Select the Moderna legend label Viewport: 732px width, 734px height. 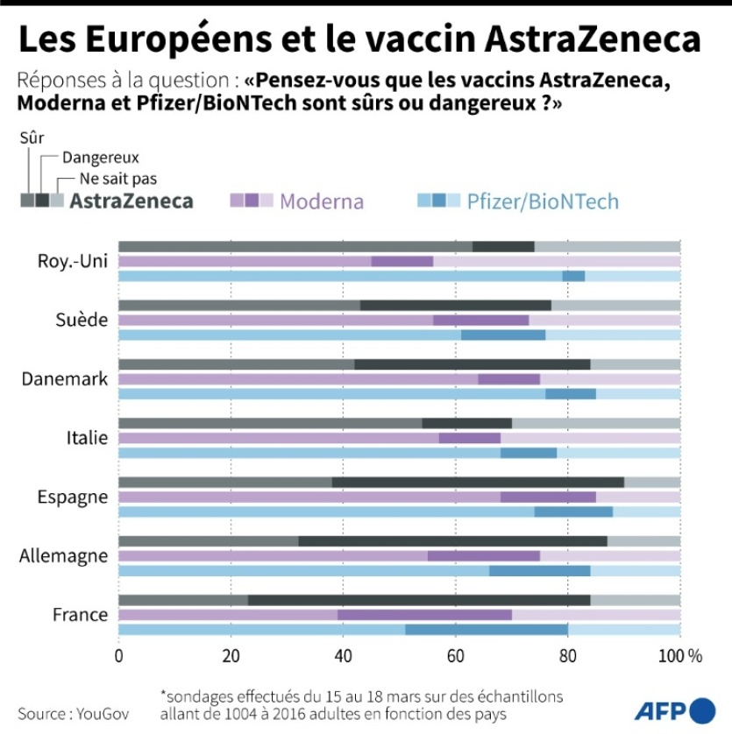[x=322, y=201]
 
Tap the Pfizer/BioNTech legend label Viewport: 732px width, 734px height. [x=543, y=202]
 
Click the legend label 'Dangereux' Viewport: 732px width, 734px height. [x=101, y=159]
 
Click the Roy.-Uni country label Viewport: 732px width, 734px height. [x=73, y=261]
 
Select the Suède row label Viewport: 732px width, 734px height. [x=85, y=320]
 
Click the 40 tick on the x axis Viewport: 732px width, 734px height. [x=343, y=655]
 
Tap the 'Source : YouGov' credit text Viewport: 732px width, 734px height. [x=73, y=714]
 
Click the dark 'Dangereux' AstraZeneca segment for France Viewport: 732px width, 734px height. [x=419, y=600]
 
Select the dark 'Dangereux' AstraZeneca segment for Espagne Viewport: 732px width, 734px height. [x=478, y=482]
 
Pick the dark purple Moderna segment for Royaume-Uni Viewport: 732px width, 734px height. [x=402, y=261]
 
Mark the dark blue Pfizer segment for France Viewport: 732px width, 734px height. [x=487, y=629]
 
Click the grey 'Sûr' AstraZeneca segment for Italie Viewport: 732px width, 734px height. [x=270, y=423]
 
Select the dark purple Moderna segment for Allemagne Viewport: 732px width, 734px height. [x=483, y=555]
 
